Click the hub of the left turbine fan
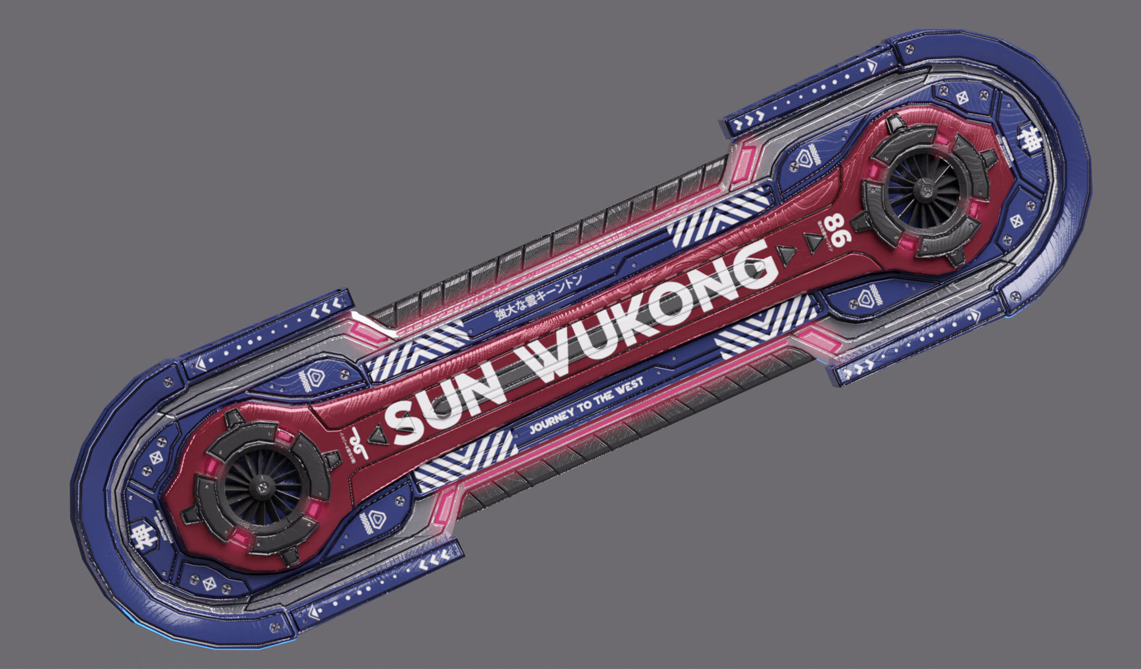tap(260, 488)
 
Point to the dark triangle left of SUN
tap(379, 434)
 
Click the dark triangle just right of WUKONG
tap(787, 255)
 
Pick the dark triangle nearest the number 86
tap(814, 242)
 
